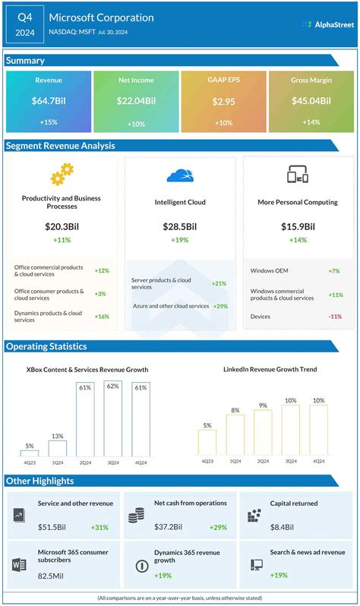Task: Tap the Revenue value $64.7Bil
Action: (49, 101)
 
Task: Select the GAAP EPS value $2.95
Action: (223, 101)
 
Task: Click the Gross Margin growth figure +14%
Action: (311, 122)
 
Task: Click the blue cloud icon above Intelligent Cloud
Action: (180, 176)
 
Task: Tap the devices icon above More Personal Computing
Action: (297, 176)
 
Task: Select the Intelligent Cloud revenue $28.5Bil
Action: (180, 226)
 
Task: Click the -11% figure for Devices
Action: (334, 317)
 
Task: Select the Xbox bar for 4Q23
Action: (30, 453)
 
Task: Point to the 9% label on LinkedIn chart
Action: (263, 406)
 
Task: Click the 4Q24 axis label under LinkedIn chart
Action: (318, 461)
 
